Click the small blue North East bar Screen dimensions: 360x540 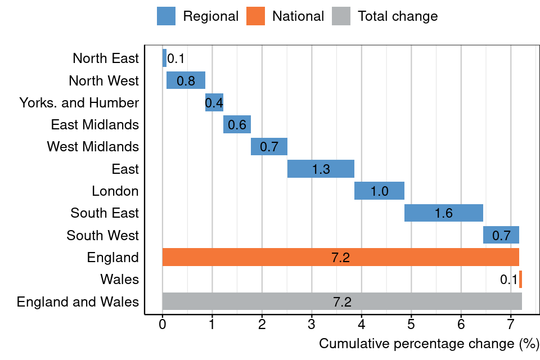point(164,58)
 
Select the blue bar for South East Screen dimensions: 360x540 point(444,213)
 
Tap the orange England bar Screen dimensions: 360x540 point(340,257)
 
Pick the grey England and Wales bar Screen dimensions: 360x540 point(342,301)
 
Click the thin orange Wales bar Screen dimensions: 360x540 point(520,279)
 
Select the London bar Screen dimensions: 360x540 point(379,191)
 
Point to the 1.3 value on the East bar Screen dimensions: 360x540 point(321,169)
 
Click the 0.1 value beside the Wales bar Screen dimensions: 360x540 point(508,280)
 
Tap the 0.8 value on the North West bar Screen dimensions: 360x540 point(186,80)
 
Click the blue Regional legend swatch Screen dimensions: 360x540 point(166,16)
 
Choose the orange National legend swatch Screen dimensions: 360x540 point(255,16)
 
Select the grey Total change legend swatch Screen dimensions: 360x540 point(341,16)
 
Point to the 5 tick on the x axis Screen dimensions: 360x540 point(411,325)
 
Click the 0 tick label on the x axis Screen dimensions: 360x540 point(163,325)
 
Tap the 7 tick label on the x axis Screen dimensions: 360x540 point(511,325)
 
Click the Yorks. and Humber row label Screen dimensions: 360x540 point(79,103)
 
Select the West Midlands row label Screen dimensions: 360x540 point(93,147)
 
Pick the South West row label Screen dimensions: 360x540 point(102,235)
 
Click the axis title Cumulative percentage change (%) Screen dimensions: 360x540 point(429,344)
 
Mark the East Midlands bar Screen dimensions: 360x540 point(237,124)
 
